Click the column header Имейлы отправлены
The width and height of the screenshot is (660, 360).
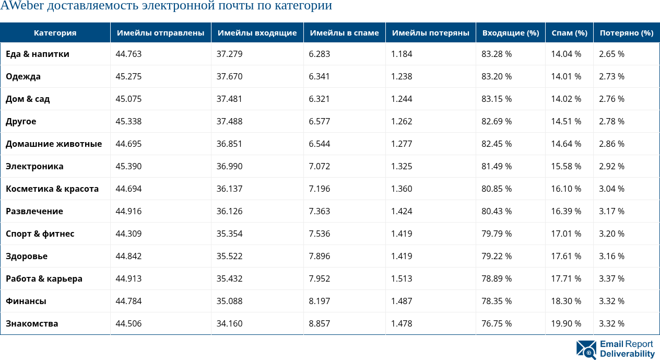click(x=160, y=32)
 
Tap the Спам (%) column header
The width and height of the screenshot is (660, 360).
click(x=569, y=32)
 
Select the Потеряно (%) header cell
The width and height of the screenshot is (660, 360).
click(x=626, y=32)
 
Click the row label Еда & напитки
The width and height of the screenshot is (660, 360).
click(x=38, y=54)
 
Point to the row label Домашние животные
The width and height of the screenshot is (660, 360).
click(x=54, y=144)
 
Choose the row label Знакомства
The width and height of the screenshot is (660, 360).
click(x=32, y=323)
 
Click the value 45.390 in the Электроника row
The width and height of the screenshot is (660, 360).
click(x=128, y=166)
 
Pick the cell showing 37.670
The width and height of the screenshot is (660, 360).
click(x=229, y=76)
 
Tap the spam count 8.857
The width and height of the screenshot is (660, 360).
click(x=319, y=323)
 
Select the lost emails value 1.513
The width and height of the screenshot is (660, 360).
click(x=402, y=278)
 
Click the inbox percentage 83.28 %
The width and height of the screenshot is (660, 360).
click(x=496, y=54)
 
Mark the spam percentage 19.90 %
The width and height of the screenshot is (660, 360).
click(x=565, y=323)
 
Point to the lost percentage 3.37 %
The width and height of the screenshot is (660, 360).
click(x=611, y=278)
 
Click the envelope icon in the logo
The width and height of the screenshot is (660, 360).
click(x=586, y=350)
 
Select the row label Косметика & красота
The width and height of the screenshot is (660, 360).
click(x=52, y=189)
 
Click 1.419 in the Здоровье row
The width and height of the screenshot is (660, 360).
click(x=402, y=256)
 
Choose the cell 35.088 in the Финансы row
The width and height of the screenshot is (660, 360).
click(x=229, y=301)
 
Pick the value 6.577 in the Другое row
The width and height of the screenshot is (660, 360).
click(x=319, y=121)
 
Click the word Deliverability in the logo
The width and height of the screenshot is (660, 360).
click(x=627, y=354)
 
